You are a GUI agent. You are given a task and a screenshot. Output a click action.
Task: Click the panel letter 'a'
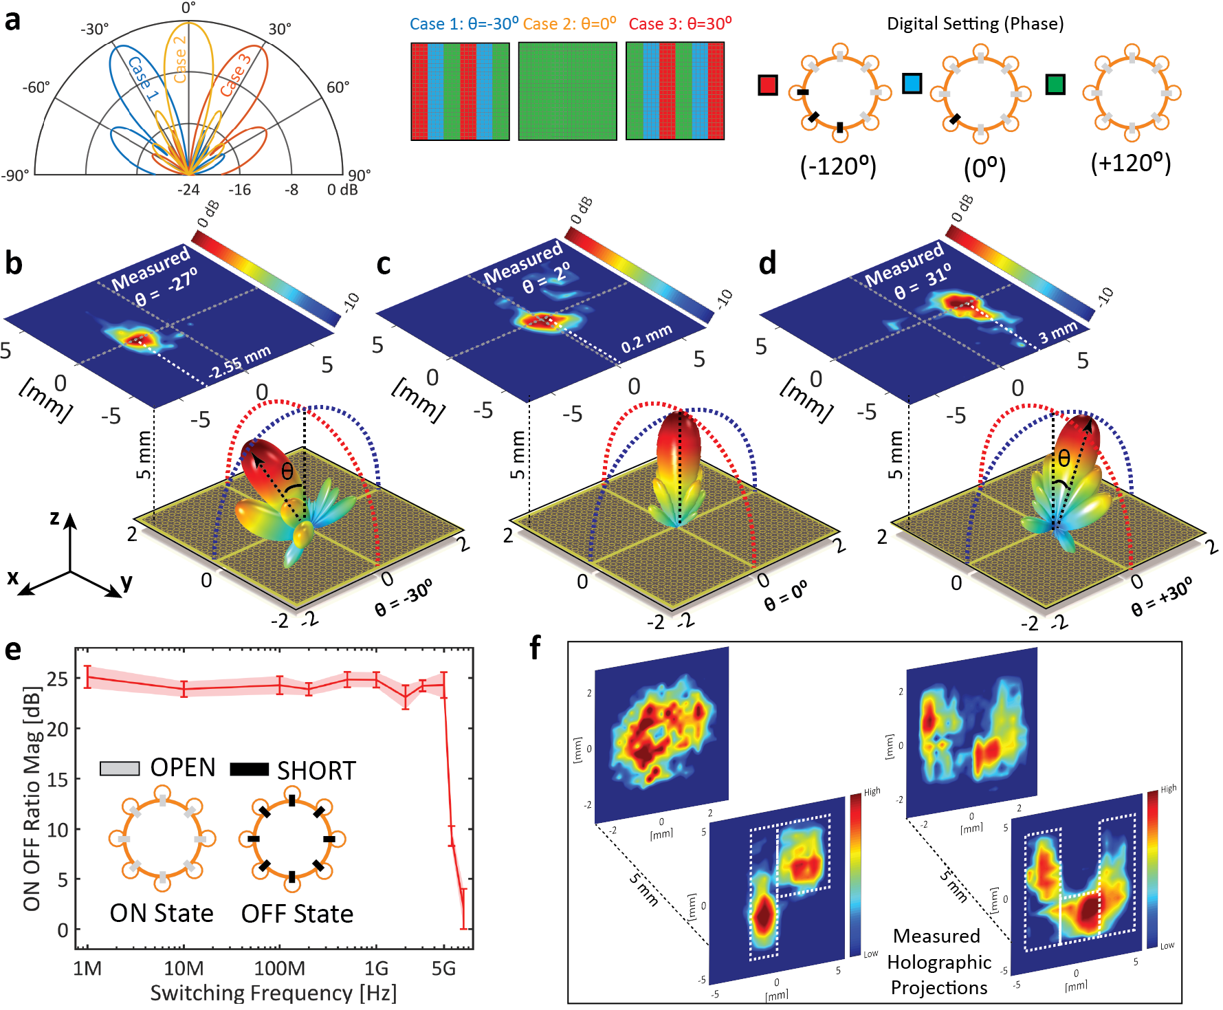(x=12, y=21)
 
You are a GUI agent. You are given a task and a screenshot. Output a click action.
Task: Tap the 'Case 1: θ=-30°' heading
(x=463, y=24)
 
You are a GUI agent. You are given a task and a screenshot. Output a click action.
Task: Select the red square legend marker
(x=768, y=85)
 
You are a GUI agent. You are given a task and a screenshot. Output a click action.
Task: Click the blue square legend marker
(x=912, y=84)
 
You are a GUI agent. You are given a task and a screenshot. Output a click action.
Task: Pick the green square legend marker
(x=1055, y=85)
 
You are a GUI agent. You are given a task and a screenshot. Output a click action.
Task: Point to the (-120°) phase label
(x=838, y=166)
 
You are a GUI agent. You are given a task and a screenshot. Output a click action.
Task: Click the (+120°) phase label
(x=1130, y=164)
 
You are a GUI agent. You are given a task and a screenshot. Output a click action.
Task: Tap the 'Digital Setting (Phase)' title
(x=975, y=24)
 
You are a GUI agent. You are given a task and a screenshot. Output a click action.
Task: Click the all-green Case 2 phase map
(x=567, y=91)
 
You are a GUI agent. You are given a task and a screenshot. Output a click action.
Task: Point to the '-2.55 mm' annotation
(x=240, y=362)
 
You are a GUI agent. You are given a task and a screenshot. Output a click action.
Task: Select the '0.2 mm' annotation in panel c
(x=646, y=339)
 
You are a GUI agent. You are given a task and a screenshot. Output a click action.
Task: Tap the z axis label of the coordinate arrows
(x=55, y=517)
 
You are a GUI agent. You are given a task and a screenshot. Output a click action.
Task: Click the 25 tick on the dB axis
(x=58, y=679)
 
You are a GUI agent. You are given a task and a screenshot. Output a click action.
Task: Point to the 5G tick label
(x=443, y=969)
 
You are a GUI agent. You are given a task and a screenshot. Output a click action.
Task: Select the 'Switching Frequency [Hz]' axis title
(x=273, y=993)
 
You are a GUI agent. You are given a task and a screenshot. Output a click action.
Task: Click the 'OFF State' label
(x=297, y=914)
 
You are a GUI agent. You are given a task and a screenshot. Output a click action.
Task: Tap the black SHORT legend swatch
(x=249, y=769)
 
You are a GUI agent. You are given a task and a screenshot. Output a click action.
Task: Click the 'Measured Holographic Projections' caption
(x=938, y=962)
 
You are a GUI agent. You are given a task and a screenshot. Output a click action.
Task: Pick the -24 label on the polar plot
(x=188, y=190)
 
